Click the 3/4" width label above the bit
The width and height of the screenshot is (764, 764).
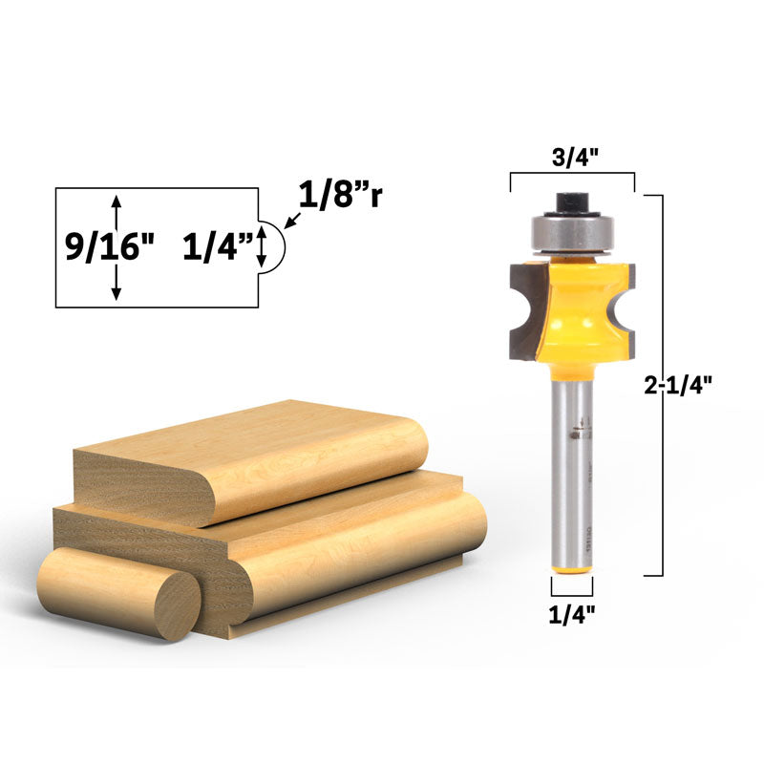pos(572,158)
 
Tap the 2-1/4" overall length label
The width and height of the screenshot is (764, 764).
pos(677,386)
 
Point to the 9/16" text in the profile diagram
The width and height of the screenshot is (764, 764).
pos(109,246)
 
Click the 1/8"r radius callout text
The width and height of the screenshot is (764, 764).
pos(341,196)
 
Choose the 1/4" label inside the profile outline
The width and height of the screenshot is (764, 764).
pos(218,246)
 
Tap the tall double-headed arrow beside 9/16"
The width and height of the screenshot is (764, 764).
pos(117,247)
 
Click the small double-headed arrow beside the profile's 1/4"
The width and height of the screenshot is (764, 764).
pos(261,246)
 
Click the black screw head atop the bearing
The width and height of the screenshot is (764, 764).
pos(571,202)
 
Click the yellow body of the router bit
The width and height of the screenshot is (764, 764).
pos(571,315)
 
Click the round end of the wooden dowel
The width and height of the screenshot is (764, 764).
pos(177,605)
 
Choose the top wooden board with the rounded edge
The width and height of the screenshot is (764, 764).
pos(248,458)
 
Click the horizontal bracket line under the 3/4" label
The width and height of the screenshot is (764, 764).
pos(572,175)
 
